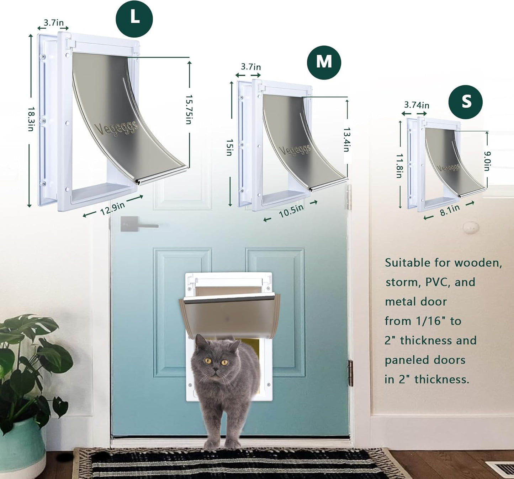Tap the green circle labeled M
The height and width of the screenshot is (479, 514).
324,62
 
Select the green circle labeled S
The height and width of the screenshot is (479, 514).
466,102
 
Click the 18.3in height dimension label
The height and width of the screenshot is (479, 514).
31,119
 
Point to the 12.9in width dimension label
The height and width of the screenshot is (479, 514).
112,208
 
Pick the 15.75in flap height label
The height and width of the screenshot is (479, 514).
189,109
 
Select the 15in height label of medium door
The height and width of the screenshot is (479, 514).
229,147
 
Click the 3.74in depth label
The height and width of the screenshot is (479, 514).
417,105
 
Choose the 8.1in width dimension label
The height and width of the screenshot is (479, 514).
450,210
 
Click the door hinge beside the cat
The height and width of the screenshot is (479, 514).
350,373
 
